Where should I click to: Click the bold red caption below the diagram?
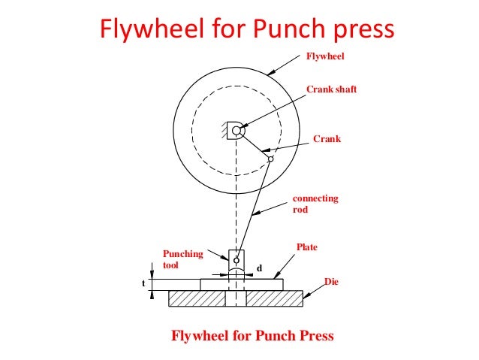tap(252, 334)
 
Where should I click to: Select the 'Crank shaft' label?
tap(331, 89)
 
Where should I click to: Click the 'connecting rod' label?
tap(315, 204)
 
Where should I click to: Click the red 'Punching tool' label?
tap(182, 259)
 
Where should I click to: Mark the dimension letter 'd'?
tap(259, 267)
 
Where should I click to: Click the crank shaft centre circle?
tap(236, 132)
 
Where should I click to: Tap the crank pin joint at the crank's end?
tap(271, 158)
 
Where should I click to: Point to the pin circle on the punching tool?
tap(236, 261)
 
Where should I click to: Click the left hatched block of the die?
tap(197, 299)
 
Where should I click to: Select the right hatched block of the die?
tap(275, 299)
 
